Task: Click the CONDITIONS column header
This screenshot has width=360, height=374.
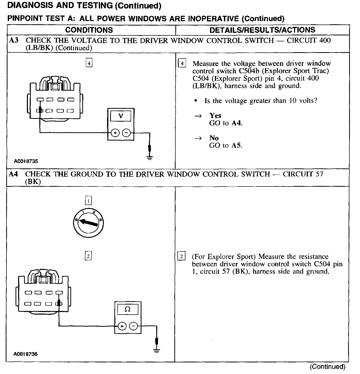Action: pos(89,30)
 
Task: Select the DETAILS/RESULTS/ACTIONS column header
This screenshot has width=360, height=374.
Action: pos(262,30)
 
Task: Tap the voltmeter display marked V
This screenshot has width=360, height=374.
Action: pos(121,116)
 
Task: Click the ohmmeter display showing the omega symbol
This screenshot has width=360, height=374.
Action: pos(128,309)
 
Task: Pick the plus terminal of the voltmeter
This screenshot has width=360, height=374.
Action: pos(115,133)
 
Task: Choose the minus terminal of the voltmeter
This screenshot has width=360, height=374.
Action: pos(126,133)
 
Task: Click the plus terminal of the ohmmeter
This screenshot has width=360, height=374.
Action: pos(122,326)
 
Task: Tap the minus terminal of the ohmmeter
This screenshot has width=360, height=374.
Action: pos(133,326)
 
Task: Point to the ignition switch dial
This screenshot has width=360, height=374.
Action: pos(88,223)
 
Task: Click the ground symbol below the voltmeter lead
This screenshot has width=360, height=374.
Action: pos(149,157)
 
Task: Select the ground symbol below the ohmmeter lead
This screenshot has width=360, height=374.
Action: pos(156,350)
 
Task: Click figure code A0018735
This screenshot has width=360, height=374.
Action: pos(26,161)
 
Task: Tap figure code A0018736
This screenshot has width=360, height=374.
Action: pos(25,354)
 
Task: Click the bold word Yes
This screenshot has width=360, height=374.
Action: pos(215,115)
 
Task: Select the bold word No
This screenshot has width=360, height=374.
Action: pos(214,138)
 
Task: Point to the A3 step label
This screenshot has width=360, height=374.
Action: pos(14,41)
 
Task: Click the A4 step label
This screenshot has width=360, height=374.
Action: pos(13,174)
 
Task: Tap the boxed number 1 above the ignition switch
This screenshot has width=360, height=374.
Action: pos(88,201)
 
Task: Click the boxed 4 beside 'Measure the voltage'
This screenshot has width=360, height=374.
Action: pos(182,63)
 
